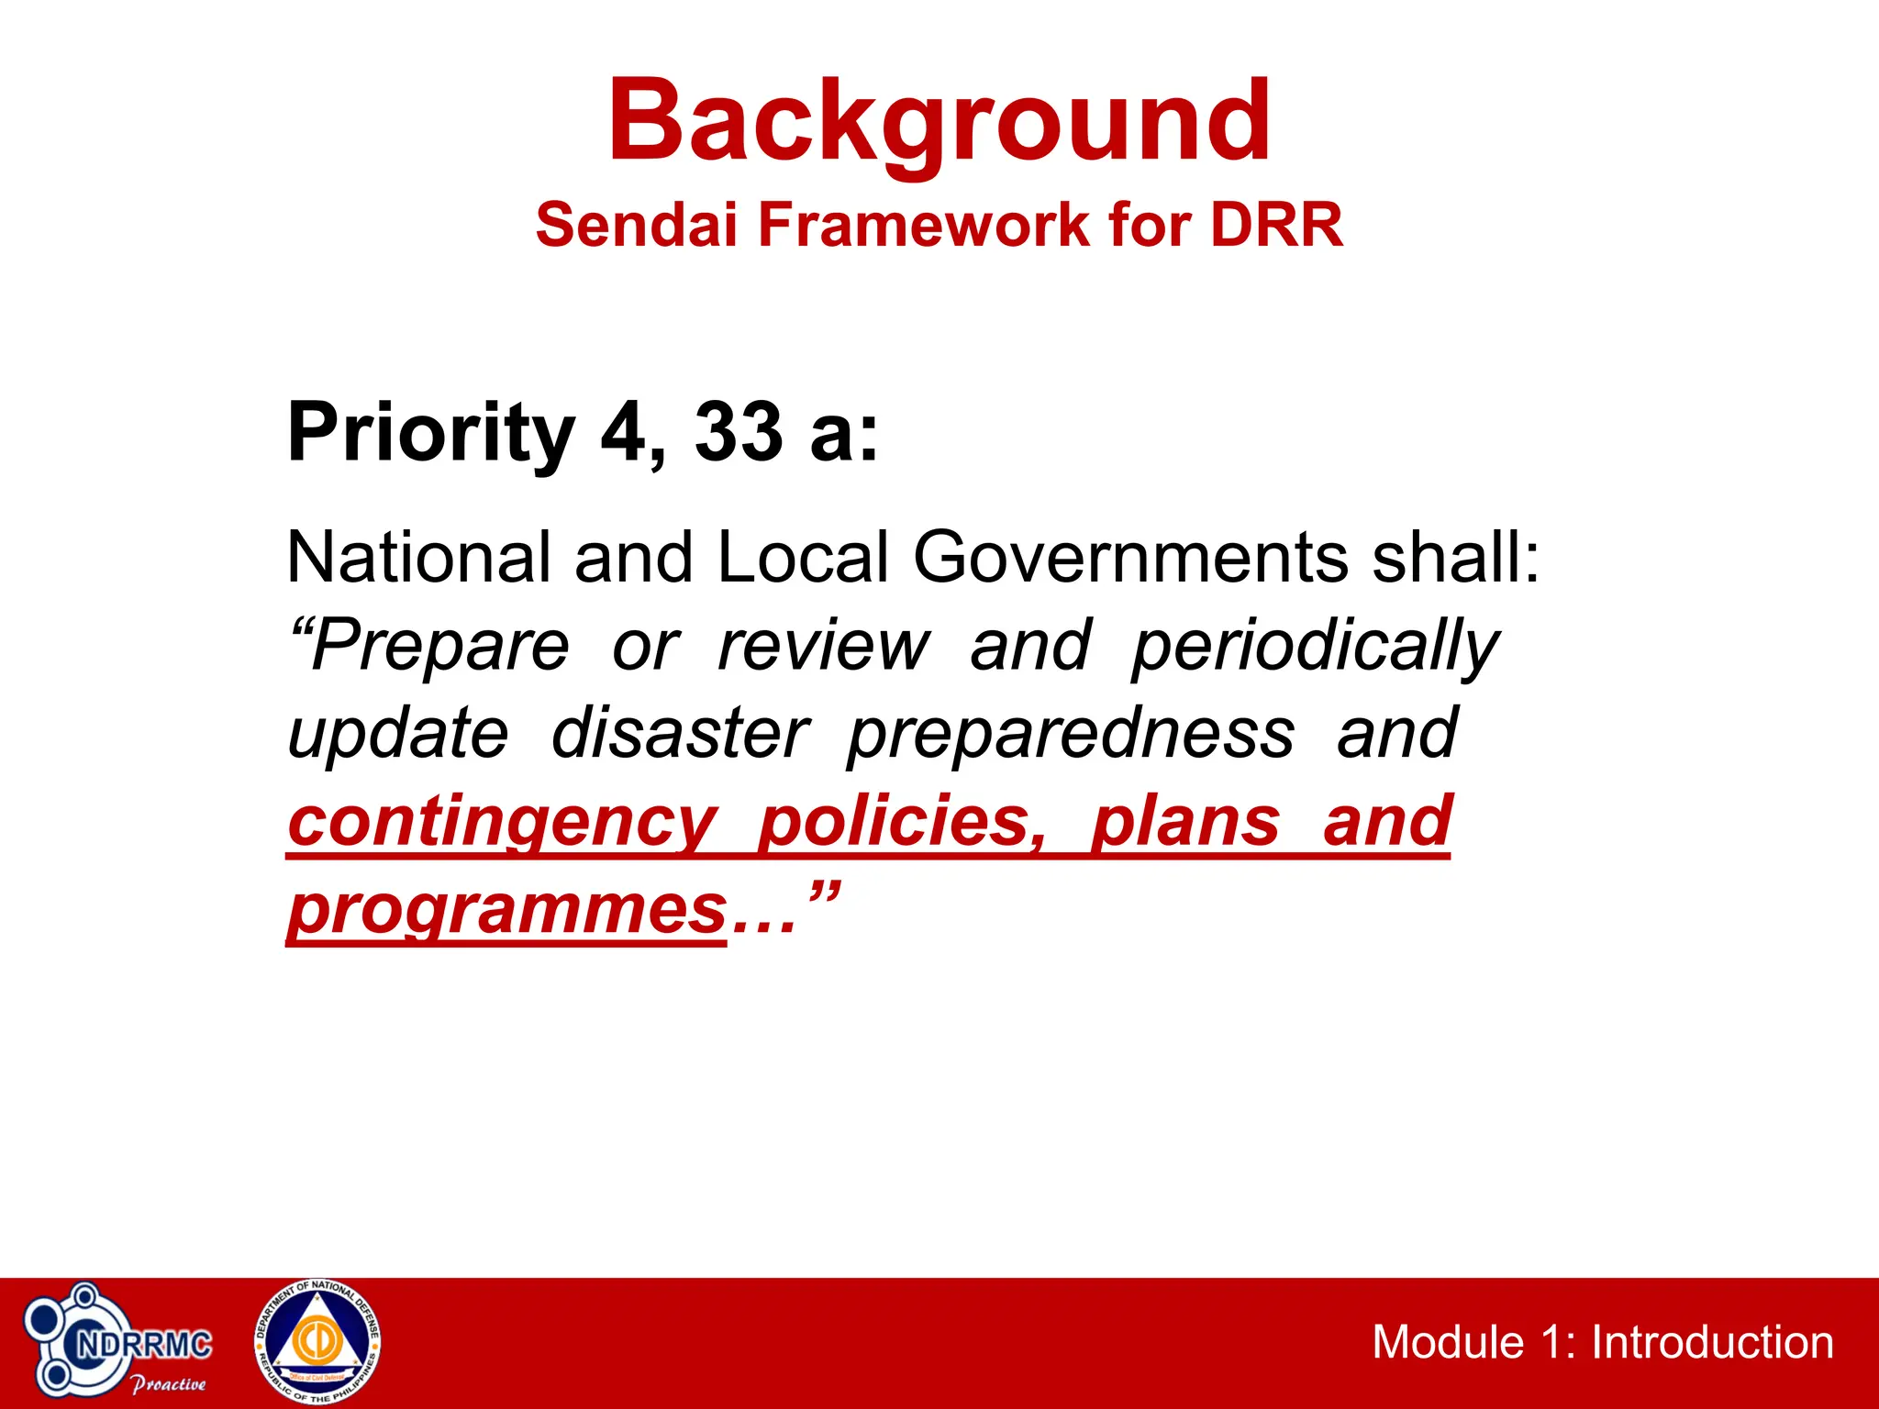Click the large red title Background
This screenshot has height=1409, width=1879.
tap(939, 122)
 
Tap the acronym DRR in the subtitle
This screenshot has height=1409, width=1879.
tap(1276, 225)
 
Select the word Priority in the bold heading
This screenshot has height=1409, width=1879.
tap(431, 433)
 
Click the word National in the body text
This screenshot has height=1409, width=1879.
tap(418, 557)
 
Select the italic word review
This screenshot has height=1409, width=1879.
tap(824, 645)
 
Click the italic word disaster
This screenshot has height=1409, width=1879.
tap(680, 733)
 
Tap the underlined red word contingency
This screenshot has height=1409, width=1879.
tap(502, 822)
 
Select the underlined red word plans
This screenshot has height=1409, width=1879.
tap(1184, 822)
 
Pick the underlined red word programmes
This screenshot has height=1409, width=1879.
tap(507, 910)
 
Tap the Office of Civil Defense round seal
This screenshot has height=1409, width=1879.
tap(317, 1341)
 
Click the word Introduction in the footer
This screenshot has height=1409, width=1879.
tap(1712, 1342)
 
